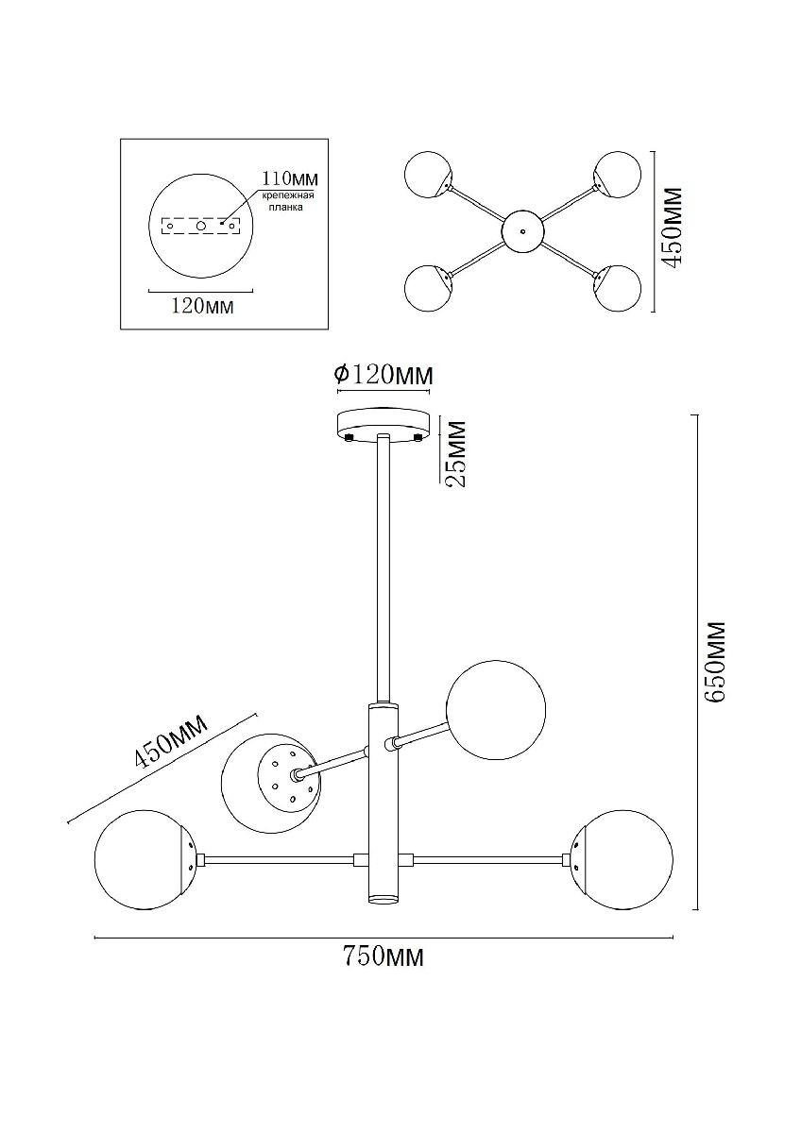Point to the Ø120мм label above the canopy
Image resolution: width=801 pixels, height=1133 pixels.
pyautogui.click(x=383, y=375)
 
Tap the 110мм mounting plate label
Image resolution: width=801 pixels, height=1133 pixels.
pyautogui.click(x=290, y=178)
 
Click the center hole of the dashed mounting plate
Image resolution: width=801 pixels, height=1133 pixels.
pyautogui.click(x=200, y=226)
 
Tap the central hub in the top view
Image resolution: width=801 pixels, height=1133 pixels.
pyautogui.click(x=522, y=230)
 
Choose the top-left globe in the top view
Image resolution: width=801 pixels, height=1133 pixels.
pyautogui.click(x=427, y=175)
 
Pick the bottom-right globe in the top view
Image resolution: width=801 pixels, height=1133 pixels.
pyautogui.click(x=618, y=287)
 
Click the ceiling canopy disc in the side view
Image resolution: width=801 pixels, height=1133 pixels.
pyautogui.click(x=383, y=424)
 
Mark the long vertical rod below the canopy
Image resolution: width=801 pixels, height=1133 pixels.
pyautogui.click(x=383, y=566)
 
